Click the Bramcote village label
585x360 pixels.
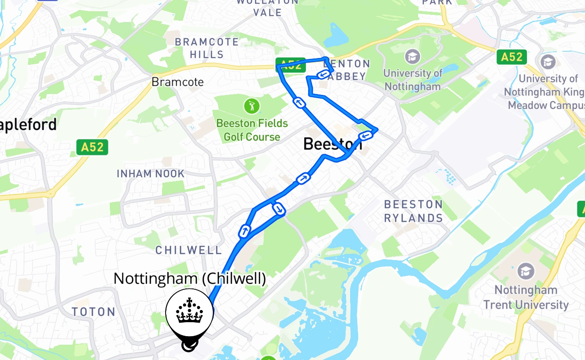[x=177, y=82]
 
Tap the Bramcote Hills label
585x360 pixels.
[x=207, y=48]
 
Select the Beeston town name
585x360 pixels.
[x=332, y=144]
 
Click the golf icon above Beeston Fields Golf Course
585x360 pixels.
[x=252, y=107]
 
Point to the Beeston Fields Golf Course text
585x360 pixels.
[x=252, y=130]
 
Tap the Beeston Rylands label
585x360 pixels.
[x=413, y=211]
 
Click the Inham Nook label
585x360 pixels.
[x=150, y=173]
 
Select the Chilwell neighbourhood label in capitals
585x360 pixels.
[x=189, y=250]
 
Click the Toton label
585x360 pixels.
[x=94, y=312]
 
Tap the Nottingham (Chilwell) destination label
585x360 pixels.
[x=189, y=279]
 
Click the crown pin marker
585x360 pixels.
[x=189, y=313]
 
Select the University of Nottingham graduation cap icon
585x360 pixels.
[x=412, y=57]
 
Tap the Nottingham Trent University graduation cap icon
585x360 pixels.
[x=525, y=271]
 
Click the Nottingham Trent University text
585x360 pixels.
[x=526, y=297]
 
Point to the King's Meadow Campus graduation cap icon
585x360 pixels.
[x=548, y=62]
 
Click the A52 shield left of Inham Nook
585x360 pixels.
[x=92, y=147]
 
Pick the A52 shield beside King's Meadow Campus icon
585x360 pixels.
[x=512, y=57]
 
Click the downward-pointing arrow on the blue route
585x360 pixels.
[x=279, y=209]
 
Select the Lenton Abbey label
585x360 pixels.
[x=347, y=70]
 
